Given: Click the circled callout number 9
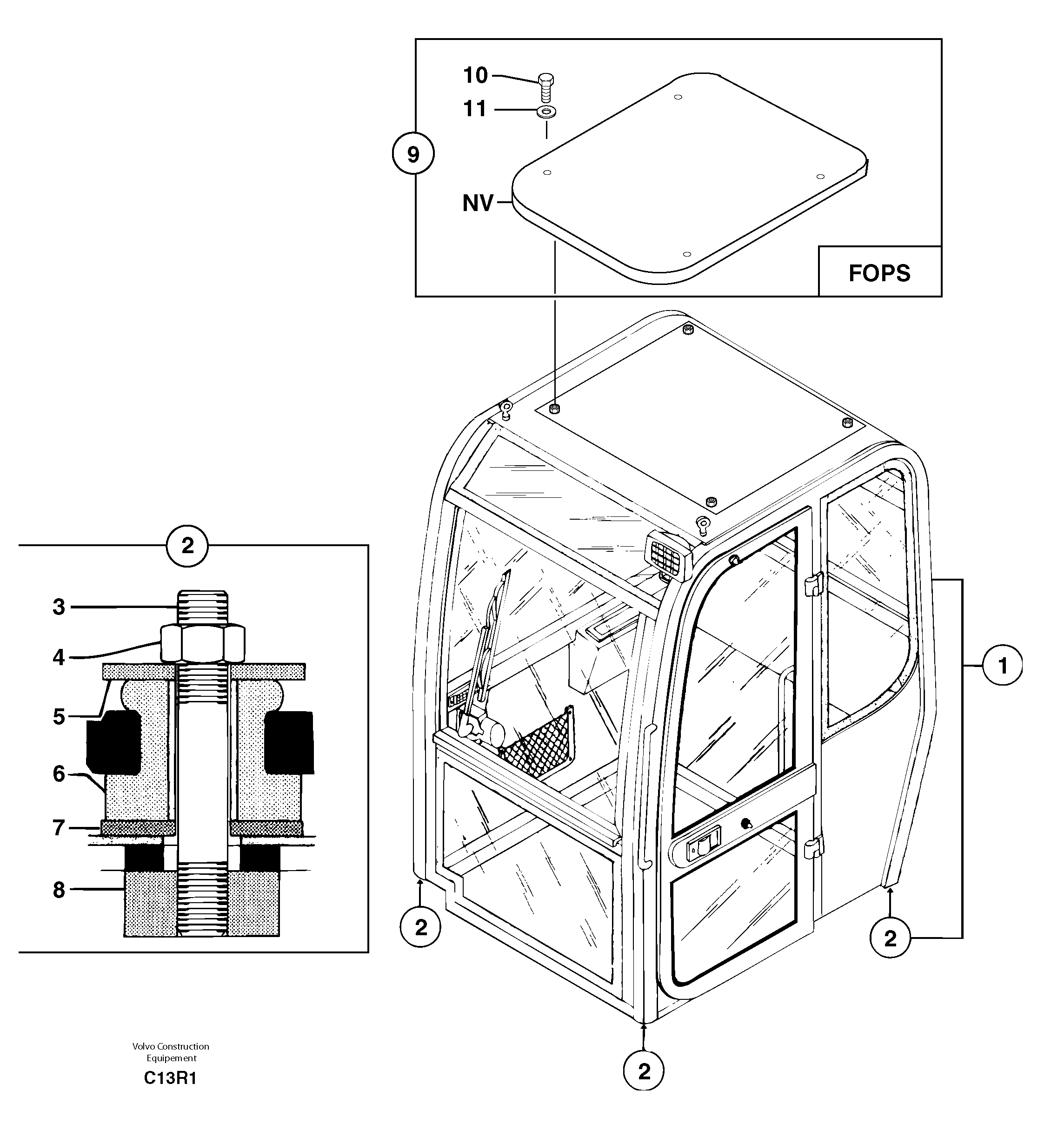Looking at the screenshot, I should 413,154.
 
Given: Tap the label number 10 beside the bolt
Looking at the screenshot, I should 475,75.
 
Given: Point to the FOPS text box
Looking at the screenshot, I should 879,272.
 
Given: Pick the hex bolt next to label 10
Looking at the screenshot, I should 545,87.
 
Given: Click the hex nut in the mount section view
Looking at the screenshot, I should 203,643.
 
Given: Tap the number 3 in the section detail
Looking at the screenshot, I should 59,607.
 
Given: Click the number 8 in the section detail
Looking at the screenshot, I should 59,890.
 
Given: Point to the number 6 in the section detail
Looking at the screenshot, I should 59,774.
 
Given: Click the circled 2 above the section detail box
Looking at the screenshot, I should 187,546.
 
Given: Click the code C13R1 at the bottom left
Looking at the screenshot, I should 170,1078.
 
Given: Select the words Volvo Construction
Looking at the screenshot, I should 171,1047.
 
